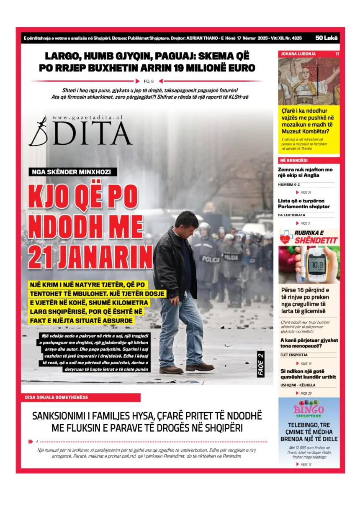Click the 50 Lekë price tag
tap(327, 38)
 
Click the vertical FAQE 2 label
tap(260, 365)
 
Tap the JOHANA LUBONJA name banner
tap(298, 54)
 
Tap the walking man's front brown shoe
tap(200, 368)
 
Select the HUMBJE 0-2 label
tap(289, 184)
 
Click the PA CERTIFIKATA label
tap(292, 215)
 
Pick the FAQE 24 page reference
tap(306, 192)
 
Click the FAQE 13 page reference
tap(306, 464)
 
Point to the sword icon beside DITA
tap(38, 130)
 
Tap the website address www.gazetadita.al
tap(88, 119)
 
